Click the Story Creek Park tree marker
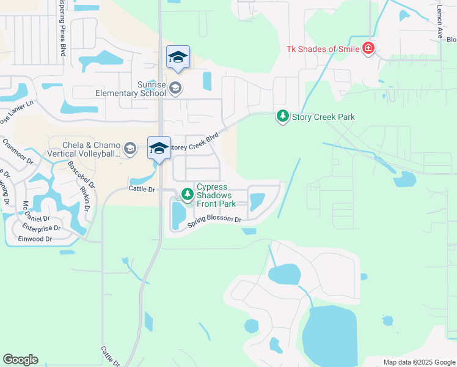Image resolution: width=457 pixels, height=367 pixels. click(x=282, y=115)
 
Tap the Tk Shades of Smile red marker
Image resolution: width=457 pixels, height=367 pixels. click(x=368, y=48)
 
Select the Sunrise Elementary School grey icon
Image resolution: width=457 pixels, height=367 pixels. click(x=175, y=88)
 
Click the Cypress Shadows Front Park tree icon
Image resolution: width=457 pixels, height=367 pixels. click(x=187, y=195)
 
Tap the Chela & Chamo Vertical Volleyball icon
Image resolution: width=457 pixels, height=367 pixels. click(x=130, y=148)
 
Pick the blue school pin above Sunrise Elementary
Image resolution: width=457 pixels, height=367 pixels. click(x=178, y=57)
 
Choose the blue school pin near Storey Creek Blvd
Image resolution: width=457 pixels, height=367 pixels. click(x=159, y=148)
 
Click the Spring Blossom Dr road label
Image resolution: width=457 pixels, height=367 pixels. click(x=214, y=223)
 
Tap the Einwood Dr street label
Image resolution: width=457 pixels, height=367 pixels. click(x=35, y=239)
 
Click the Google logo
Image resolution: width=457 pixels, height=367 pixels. click(x=20, y=360)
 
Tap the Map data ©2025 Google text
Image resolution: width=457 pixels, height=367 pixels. click(x=419, y=362)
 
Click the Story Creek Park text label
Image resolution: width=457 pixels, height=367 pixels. click(x=323, y=117)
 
